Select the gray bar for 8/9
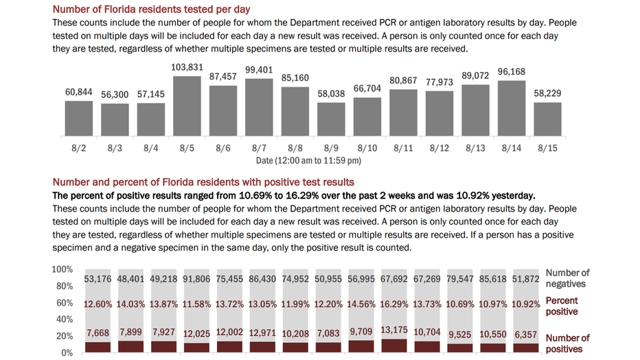(330, 119)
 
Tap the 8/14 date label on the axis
(510, 148)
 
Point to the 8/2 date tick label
(79, 148)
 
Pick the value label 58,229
(548, 93)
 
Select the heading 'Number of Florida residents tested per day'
(151, 9)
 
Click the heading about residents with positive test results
(203, 182)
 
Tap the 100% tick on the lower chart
(62, 269)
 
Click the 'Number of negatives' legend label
(567, 278)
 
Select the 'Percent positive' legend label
(562, 306)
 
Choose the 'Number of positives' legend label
(567, 343)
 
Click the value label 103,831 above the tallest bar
(187, 67)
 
